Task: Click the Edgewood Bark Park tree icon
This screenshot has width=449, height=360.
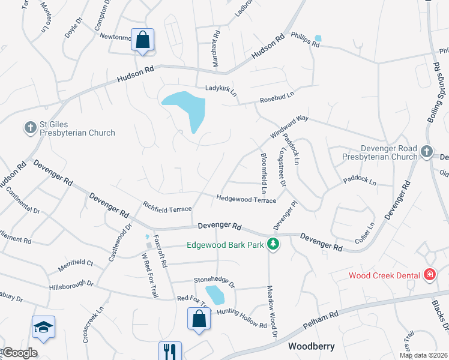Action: (x=273, y=244)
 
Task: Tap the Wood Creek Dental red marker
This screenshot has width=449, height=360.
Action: (x=429, y=275)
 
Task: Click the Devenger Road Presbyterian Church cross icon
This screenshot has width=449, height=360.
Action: (x=426, y=151)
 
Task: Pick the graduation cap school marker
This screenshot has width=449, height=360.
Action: (x=43, y=327)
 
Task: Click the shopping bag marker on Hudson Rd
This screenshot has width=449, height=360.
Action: (x=143, y=40)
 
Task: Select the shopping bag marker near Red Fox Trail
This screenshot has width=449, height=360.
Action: (x=199, y=319)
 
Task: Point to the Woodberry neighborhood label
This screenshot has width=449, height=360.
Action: (x=310, y=346)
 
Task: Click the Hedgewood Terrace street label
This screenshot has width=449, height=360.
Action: (x=246, y=199)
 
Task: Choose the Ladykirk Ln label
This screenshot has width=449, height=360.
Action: (x=221, y=88)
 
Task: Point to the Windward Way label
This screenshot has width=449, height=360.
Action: (x=289, y=126)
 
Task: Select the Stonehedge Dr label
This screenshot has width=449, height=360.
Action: (x=214, y=280)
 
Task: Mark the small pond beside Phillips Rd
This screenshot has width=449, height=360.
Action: (x=318, y=39)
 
